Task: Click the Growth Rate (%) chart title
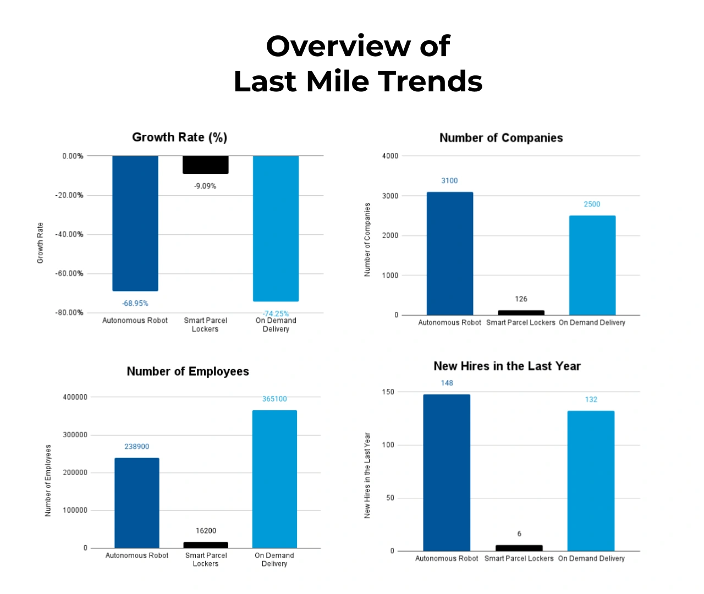(x=179, y=137)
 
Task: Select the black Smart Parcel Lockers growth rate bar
(x=206, y=164)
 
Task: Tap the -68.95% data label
(x=135, y=304)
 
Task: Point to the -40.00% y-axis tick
(x=69, y=234)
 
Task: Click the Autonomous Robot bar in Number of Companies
(x=450, y=254)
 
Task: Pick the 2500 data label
(x=592, y=204)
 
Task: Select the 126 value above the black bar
(x=521, y=299)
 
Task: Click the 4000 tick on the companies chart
(x=390, y=156)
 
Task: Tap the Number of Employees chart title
(x=188, y=372)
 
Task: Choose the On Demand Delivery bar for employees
(x=274, y=479)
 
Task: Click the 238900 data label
(x=136, y=447)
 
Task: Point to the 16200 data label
(x=206, y=531)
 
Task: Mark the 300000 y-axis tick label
(x=75, y=435)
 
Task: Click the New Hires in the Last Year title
(x=507, y=366)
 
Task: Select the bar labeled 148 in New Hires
(x=447, y=472)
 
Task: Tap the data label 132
(x=591, y=400)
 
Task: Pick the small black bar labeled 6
(x=519, y=548)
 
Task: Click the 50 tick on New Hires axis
(x=390, y=498)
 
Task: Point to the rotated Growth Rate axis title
(x=40, y=243)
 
